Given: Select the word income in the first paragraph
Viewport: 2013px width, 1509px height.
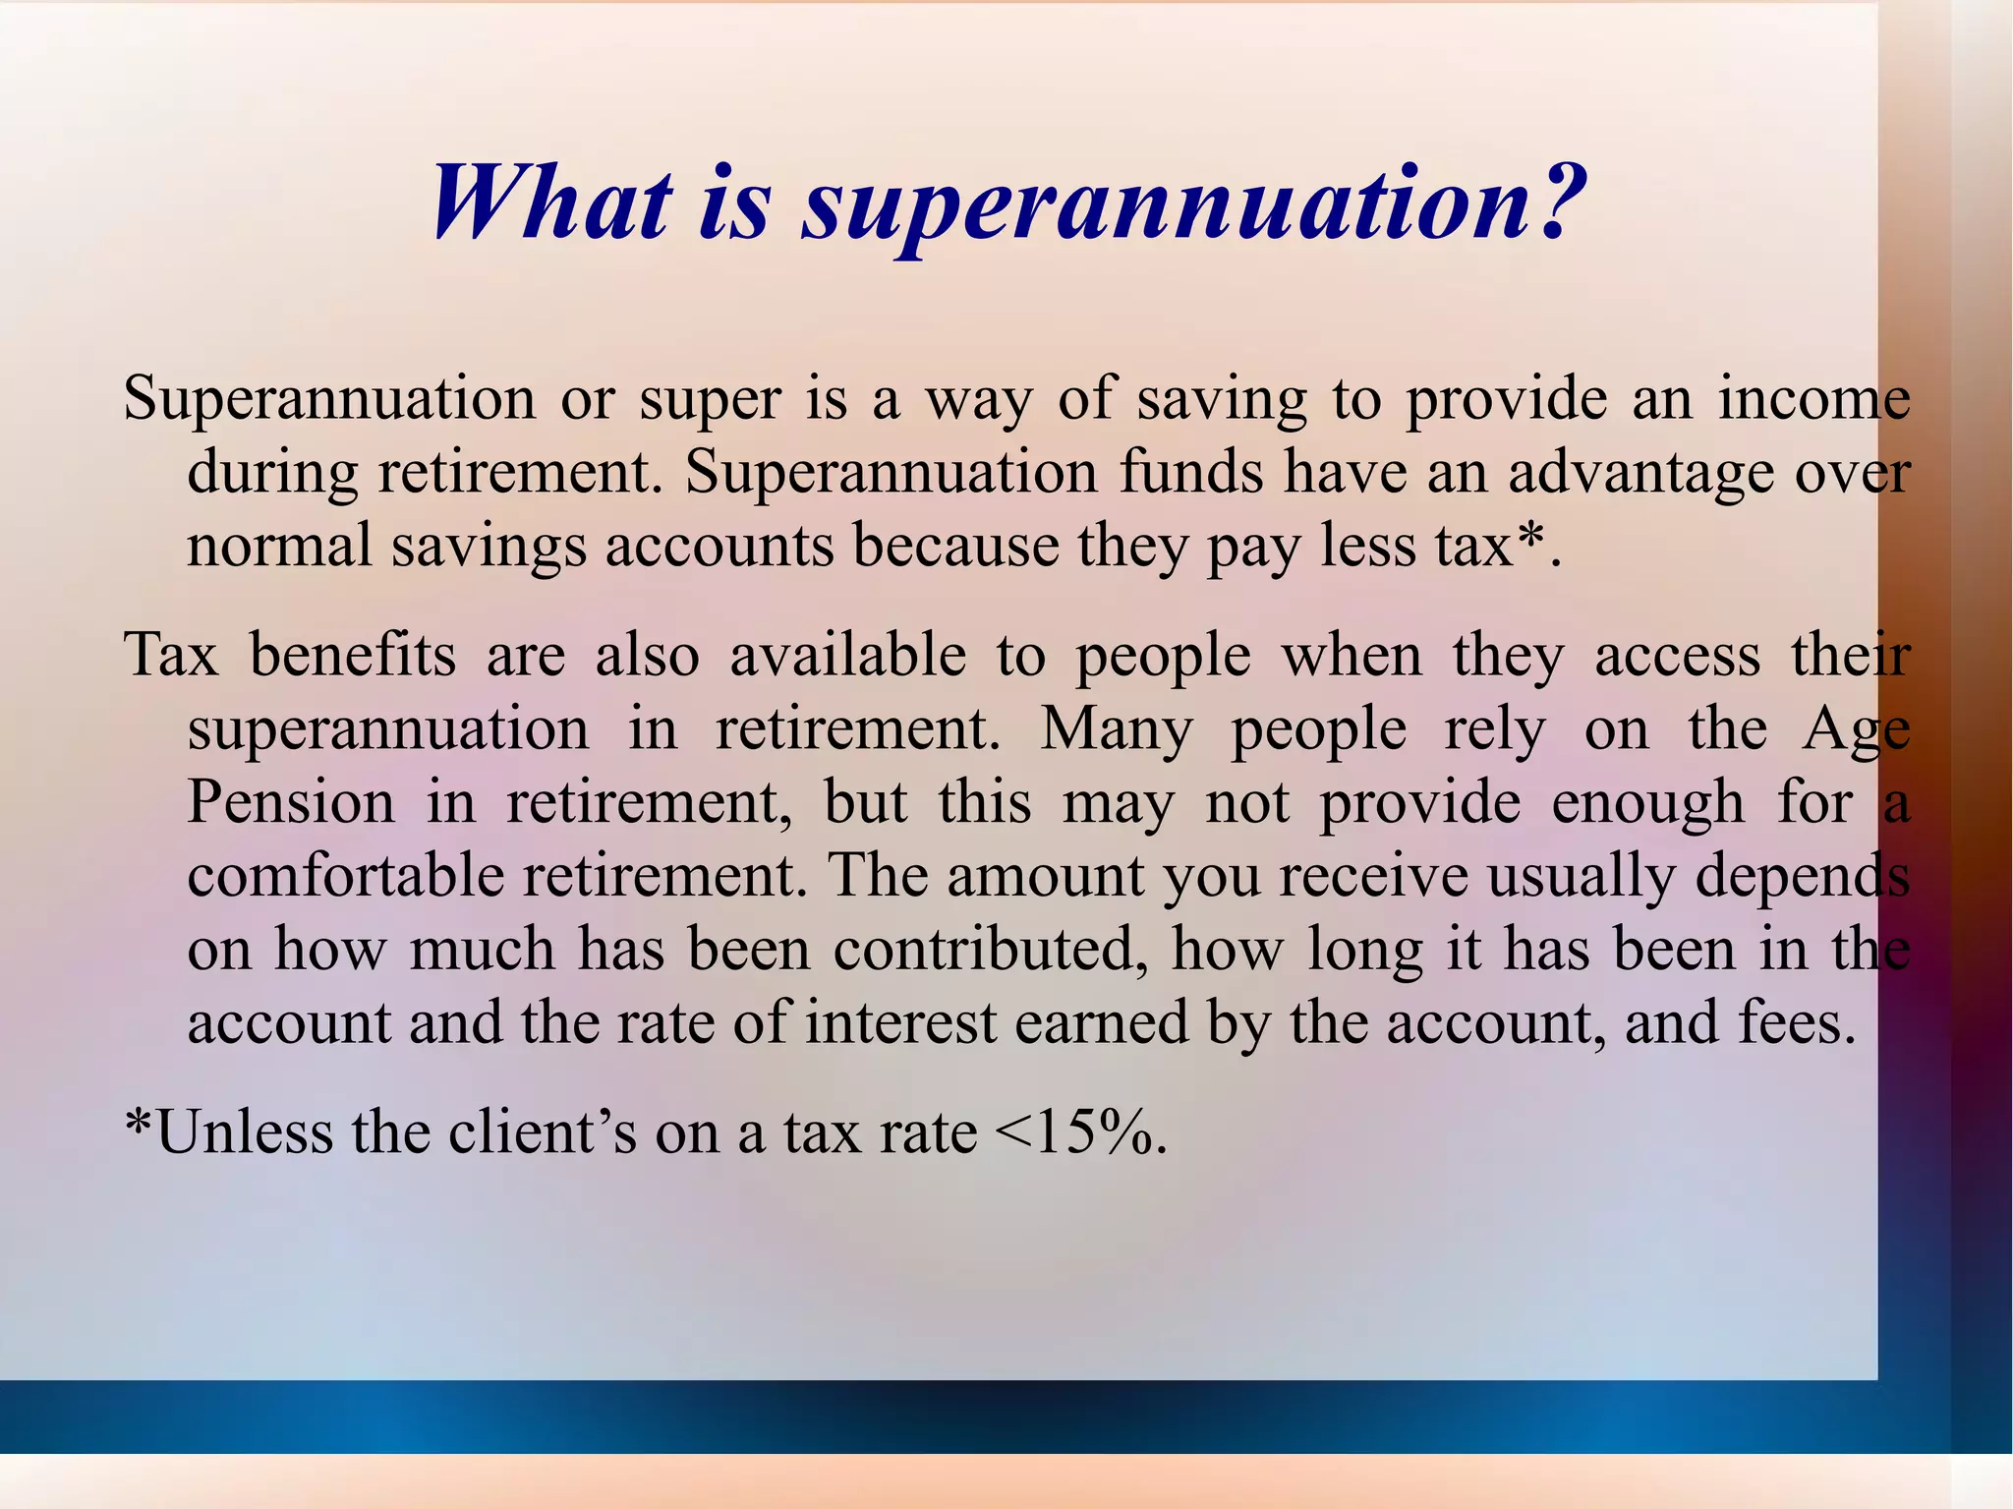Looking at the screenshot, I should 1813,399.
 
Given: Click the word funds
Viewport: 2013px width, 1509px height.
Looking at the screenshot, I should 1191,473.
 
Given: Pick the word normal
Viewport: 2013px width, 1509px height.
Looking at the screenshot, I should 279,546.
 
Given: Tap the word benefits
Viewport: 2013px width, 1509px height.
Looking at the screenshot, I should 353,655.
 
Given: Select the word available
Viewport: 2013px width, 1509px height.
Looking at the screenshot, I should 847,655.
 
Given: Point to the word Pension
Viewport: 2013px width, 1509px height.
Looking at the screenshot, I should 291,802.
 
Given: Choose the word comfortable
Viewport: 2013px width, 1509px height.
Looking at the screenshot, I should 345,875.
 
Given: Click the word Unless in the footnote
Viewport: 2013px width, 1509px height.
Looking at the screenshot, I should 244,1132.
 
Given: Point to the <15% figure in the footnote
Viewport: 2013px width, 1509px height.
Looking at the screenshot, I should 1078,1132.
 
